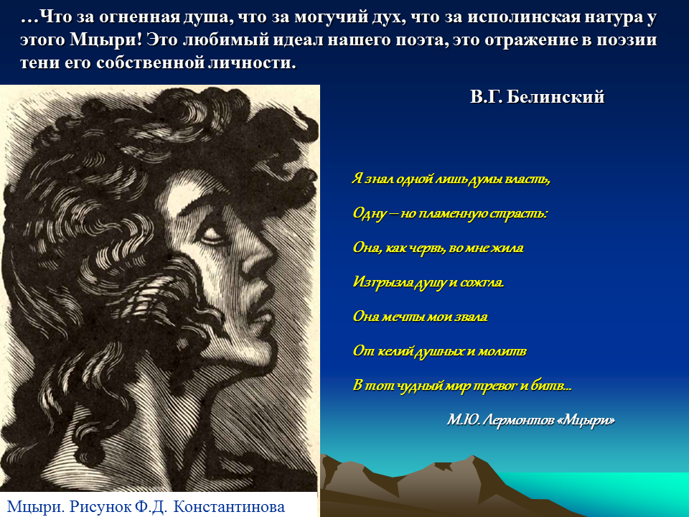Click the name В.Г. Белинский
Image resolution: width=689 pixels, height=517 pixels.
click(537, 96)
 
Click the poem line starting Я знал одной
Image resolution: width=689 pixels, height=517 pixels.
click(451, 179)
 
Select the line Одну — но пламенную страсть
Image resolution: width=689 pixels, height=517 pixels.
click(451, 213)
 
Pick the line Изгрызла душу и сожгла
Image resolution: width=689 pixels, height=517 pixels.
click(428, 282)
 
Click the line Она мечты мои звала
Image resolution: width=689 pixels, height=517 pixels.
click(420, 317)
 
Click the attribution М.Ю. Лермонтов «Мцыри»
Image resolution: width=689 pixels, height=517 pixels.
click(531, 420)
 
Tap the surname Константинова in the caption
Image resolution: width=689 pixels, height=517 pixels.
click(229, 506)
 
